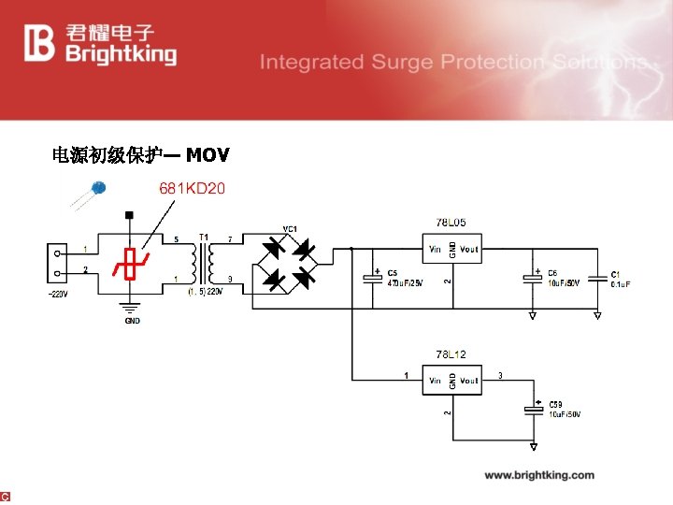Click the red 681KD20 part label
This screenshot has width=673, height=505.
coord(192,189)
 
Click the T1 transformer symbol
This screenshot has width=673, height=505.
coord(204,261)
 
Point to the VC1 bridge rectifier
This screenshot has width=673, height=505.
coord(288,263)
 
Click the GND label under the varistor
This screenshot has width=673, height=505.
coord(132,321)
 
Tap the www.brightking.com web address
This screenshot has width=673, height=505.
coord(538,475)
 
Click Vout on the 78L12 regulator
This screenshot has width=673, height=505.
coord(468,381)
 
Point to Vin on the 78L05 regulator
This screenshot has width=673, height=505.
coord(436,250)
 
